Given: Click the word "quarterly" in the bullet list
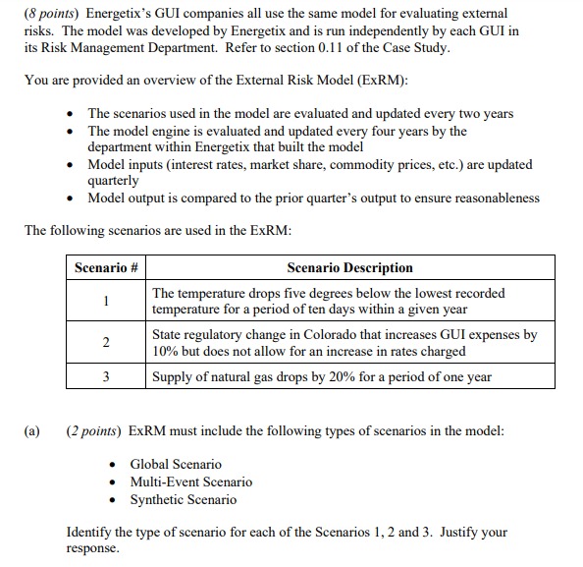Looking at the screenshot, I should pyautogui.click(x=116, y=181).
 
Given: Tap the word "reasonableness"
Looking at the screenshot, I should pyautogui.click(x=490, y=198).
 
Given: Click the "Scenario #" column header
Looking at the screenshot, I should pyautogui.click(x=106, y=267).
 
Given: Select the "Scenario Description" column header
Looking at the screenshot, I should pyautogui.click(x=349, y=267).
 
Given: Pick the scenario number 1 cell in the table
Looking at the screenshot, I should pyautogui.click(x=106, y=301).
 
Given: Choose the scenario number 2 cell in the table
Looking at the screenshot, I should pyautogui.click(x=106, y=342).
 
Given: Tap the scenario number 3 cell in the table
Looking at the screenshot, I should pyautogui.click(x=106, y=376).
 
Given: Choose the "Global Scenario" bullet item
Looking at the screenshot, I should pyautogui.click(x=176, y=464).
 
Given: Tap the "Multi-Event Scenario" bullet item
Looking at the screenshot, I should pyautogui.click(x=190, y=482).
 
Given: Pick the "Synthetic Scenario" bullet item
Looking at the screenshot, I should pyautogui.click(x=183, y=499).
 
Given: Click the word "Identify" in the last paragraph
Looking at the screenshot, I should pyautogui.click(x=89, y=532).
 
